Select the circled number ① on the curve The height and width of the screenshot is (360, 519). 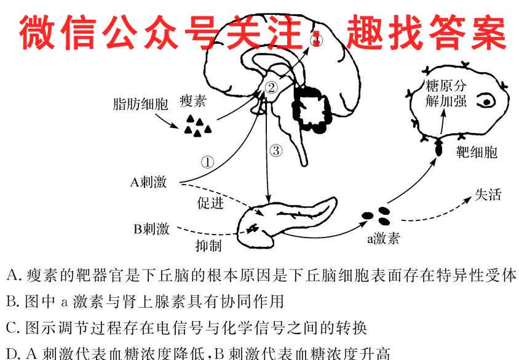[x=208, y=162]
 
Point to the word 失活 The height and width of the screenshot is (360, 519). [x=488, y=195]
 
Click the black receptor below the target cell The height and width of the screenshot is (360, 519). [x=439, y=148]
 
